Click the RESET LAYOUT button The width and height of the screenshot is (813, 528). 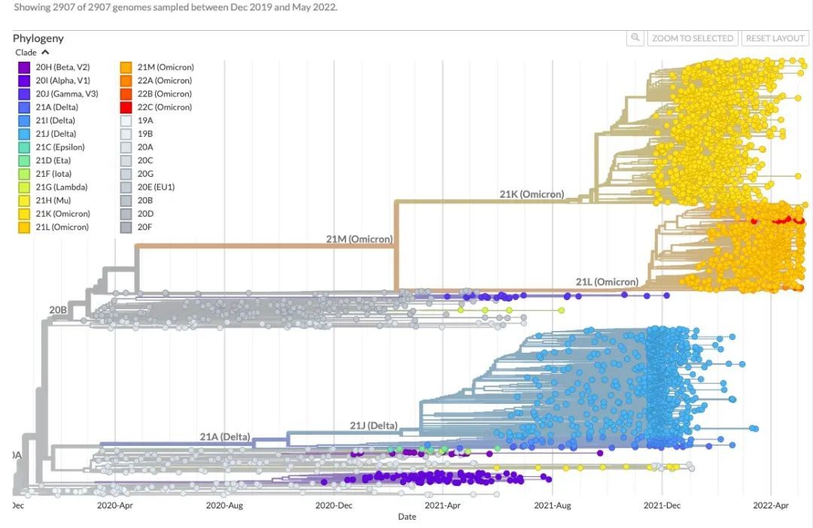[775, 38]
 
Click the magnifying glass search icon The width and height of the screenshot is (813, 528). [636, 38]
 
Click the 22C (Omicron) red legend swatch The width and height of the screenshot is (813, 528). [126, 108]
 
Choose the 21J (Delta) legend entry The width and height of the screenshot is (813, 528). [55, 134]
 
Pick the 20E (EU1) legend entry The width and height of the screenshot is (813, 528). [156, 187]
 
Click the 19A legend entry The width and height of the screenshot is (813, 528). [145, 120]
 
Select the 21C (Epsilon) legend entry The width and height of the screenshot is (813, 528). [59, 147]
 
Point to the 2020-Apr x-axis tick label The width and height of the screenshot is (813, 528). [115, 505]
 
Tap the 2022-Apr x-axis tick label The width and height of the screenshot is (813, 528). [772, 505]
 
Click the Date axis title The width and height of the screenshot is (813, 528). [406, 517]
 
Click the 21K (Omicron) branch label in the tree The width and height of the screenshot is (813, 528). [531, 194]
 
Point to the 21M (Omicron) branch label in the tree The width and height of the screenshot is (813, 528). [358, 239]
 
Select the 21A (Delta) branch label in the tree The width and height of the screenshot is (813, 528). [224, 437]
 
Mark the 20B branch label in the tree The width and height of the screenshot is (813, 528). [58, 309]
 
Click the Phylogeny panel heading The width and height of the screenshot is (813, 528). [38, 38]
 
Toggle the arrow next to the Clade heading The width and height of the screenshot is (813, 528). [45, 53]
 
